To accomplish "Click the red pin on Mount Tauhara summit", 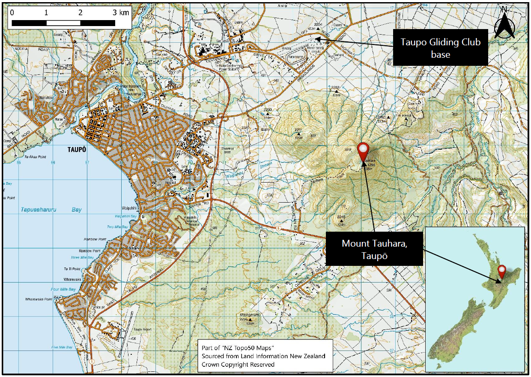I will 364,149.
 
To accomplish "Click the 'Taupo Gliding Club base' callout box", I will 440,47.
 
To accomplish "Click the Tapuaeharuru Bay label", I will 51,210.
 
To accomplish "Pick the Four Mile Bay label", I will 63,289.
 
